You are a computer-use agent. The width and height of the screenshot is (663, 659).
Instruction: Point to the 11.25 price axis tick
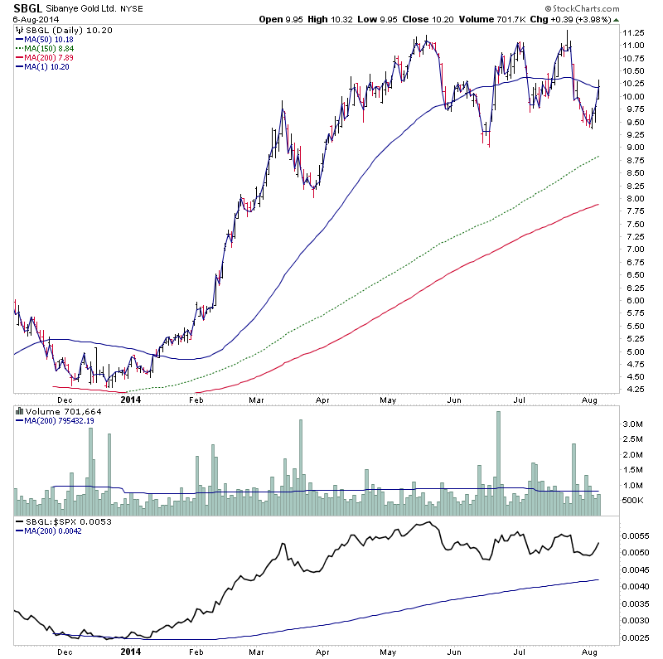pos(635,33)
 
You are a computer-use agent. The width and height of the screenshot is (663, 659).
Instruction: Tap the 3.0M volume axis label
pos(634,424)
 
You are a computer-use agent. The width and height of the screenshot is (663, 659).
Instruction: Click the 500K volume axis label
pos(635,502)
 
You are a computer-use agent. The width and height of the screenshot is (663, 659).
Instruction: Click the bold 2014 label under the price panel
pos(131,399)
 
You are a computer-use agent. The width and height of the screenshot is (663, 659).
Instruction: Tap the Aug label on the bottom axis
pos(588,399)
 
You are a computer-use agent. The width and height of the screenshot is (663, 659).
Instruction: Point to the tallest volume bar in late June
pos(498,464)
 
